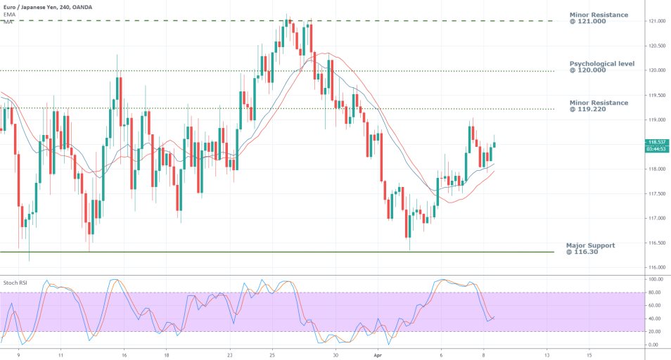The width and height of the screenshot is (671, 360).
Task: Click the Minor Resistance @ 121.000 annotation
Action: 598,18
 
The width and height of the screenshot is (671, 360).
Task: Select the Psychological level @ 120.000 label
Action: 601,67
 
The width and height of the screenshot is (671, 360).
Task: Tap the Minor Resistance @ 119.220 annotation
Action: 598,106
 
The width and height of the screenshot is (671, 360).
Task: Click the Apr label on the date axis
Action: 377,356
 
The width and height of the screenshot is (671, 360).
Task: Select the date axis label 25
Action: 272,356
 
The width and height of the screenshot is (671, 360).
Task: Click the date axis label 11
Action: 61,356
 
